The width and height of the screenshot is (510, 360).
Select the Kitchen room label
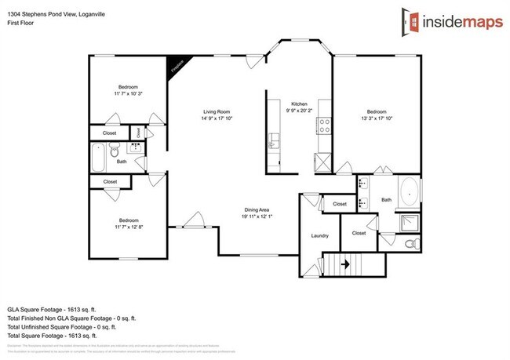coord(298,104)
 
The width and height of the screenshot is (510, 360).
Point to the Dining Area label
coord(257,209)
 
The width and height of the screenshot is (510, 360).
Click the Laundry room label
coord(319,235)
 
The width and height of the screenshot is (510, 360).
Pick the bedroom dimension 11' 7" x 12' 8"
coord(129,227)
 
